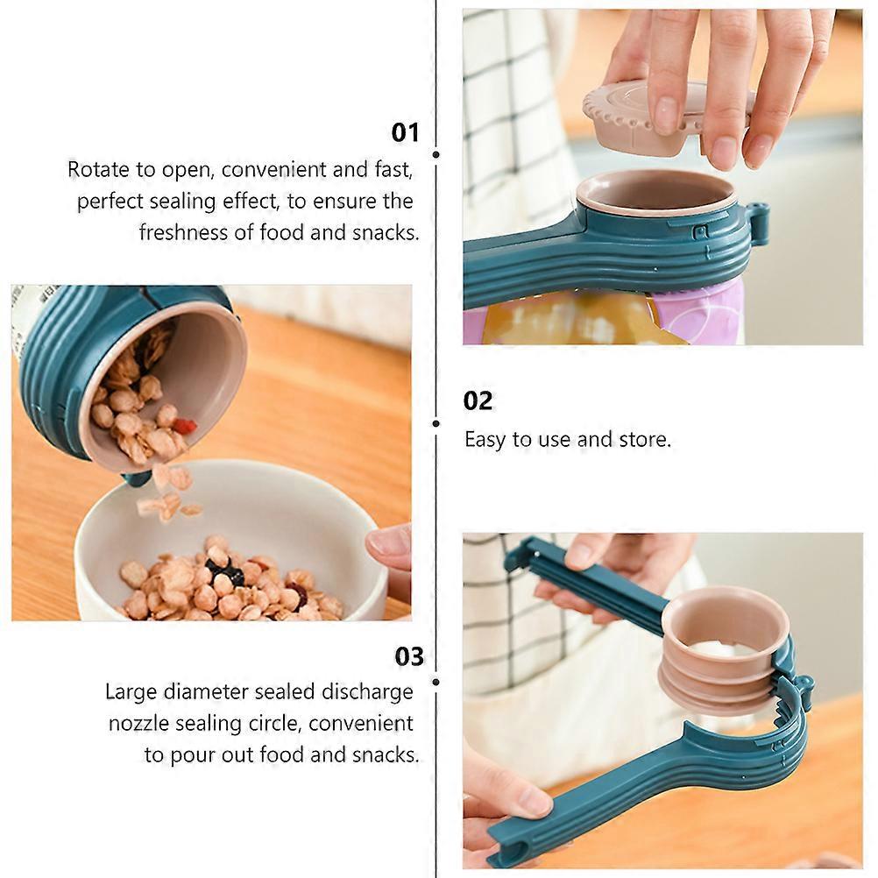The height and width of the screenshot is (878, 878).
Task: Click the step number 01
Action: [x=405, y=132]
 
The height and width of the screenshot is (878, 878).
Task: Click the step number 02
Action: [x=478, y=401]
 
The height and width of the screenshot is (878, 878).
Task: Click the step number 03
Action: [x=409, y=656]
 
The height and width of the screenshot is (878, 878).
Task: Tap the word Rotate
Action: [x=98, y=169]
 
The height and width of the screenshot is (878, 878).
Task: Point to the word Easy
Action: [x=486, y=440]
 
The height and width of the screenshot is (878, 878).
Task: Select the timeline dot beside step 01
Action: [x=435, y=154]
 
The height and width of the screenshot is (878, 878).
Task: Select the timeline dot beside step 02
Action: [x=435, y=424]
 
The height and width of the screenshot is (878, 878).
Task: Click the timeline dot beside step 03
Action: [x=435, y=682]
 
